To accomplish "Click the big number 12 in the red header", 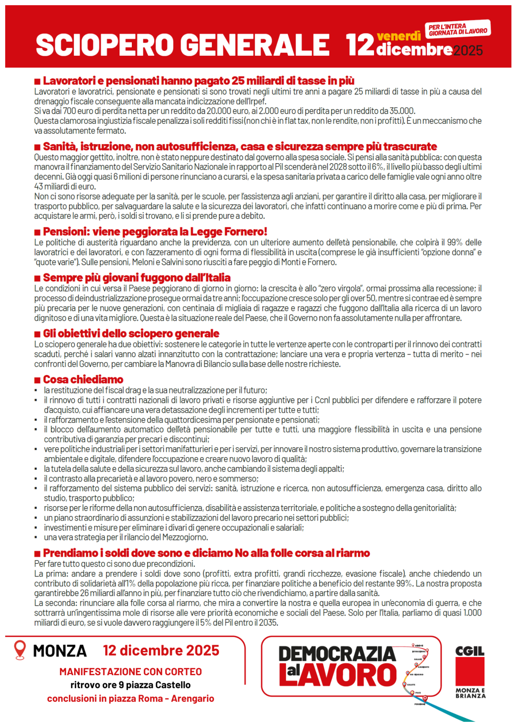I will pyautogui.click(x=360, y=45).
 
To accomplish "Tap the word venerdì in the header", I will pyautogui.click(x=398, y=36).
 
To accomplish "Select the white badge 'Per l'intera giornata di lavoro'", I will pyautogui.click(x=457, y=29).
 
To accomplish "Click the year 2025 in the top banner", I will pyautogui.click(x=468, y=50).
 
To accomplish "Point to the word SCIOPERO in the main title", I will pyautogui.click(x=105, y=45).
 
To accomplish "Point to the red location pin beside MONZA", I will pyautogui.click(x=20, y=649).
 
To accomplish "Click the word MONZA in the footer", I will pyautogui.click(x=60, y=651).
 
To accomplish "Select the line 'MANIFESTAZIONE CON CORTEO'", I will pyautogui.click(x=130, y=672).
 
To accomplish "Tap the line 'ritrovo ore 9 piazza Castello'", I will pyautogui.click(x=130, y=685).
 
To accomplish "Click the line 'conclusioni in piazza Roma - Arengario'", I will pyautogui.click(x=130, y=698).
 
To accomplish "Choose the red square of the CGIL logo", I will pyautogui.click(x=470, y=672).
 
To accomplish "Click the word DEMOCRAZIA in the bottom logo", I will pyautogui.click(x=337, y=654).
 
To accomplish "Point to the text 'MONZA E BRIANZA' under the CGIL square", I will pyautogui.click(x=470, y=693).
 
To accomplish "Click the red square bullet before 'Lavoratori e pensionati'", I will pyautogui.click(x=37, y=82).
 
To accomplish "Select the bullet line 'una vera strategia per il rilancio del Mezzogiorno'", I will pyautogui.click(x=126, y=537).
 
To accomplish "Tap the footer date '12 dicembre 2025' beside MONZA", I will pyautogui.click(x=161, y=650).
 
